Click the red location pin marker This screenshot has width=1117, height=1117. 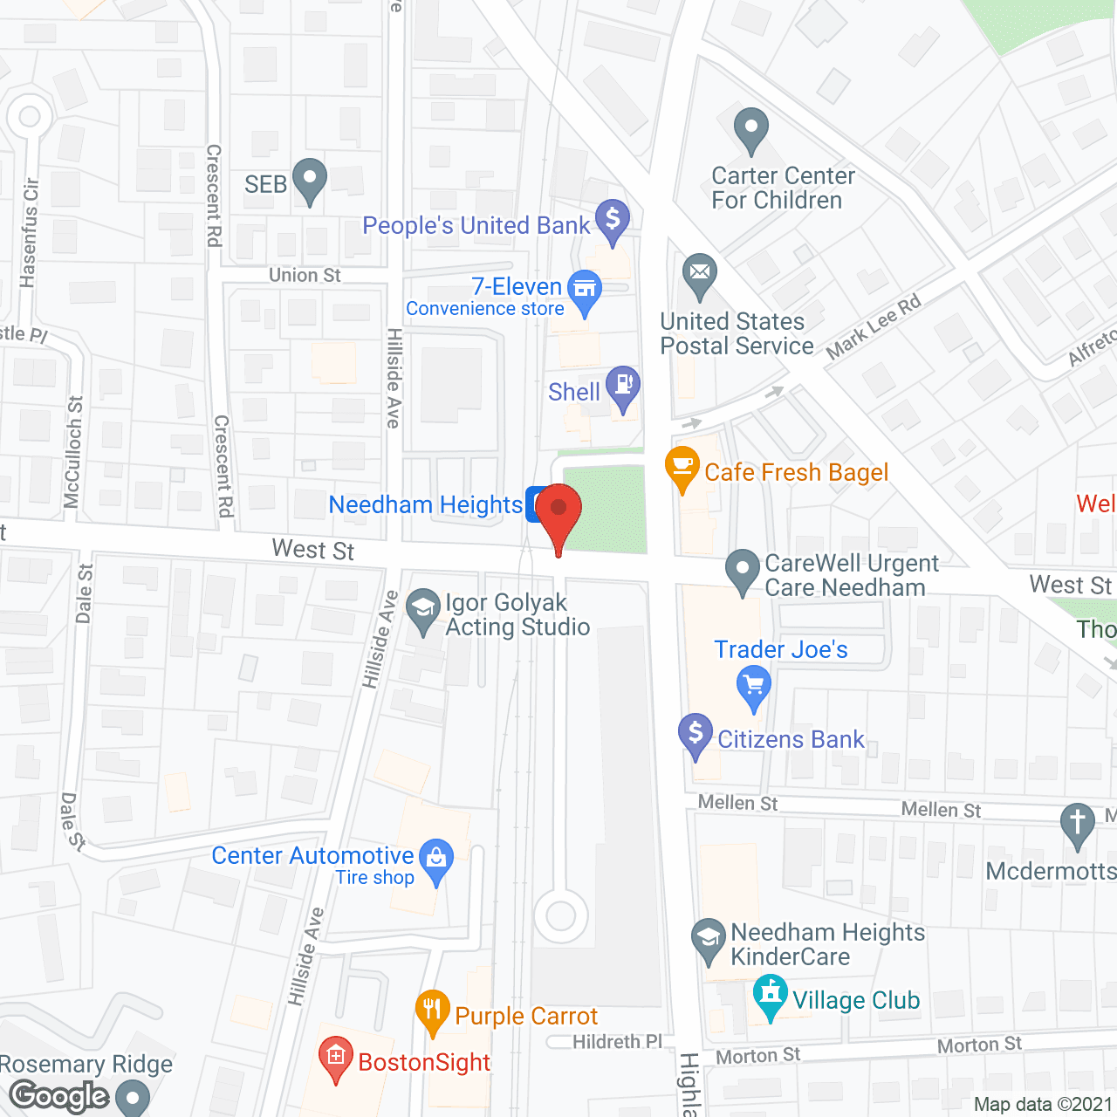point(558,511)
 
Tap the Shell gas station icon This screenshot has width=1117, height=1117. point(623,386)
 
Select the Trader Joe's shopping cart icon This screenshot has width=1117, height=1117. point(754,685)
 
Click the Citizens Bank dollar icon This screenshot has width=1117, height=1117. point(696,733)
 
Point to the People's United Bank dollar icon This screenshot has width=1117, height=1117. point(613,219)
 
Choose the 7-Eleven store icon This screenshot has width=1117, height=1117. point(585,289)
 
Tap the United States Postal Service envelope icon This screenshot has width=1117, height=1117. point(699,272)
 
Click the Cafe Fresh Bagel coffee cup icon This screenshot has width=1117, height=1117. point(682,466)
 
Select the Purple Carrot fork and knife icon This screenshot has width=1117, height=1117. point(433,1011)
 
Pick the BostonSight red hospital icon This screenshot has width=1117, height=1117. point(336,1057)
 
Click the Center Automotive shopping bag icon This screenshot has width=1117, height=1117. point(436,858)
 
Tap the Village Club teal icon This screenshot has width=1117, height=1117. point(770,994)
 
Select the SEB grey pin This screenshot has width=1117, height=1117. point(309,178)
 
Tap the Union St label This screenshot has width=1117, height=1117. point(305,276)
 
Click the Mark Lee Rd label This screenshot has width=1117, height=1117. point(873,327)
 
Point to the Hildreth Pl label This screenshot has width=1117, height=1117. point(617,1042)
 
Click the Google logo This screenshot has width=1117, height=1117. point(59,1096)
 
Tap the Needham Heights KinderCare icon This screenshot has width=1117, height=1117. point(708,939)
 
